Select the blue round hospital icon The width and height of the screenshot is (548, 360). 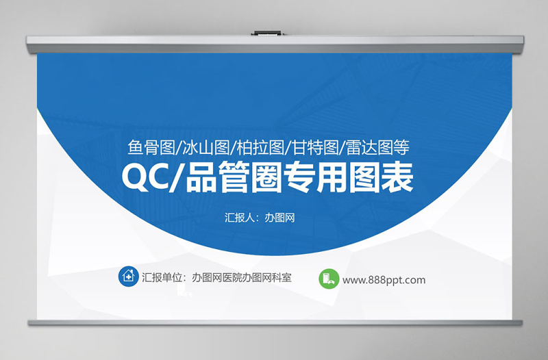click(127, 277)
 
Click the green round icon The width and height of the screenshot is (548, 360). click(328, 279)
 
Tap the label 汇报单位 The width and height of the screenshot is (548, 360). click(164, 278)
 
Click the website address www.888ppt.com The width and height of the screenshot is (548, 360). click(384, 279)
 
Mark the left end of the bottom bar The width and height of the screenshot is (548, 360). click(32, 322)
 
